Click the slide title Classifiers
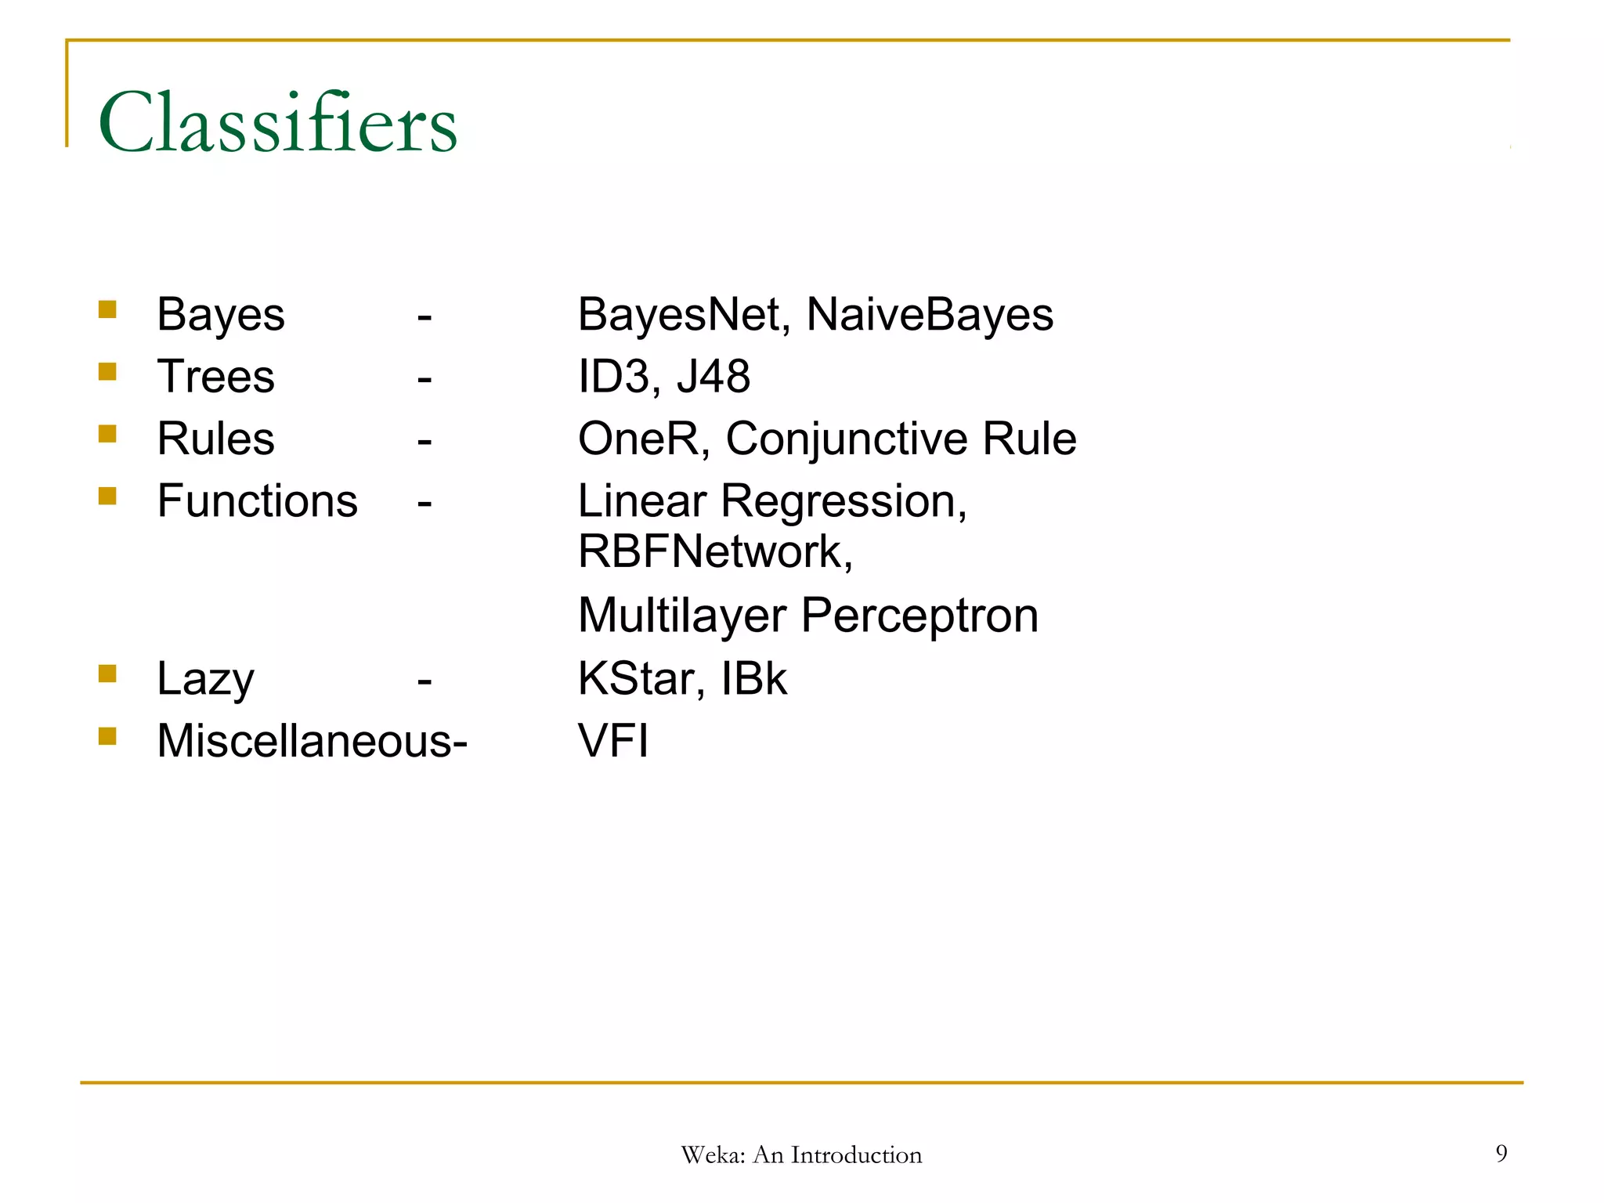click(277, 124)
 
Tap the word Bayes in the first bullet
click(220, 315)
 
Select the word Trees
click(215, 377)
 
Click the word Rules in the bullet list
click(215, 439)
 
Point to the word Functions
click(257, 501)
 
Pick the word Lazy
click(205, 679)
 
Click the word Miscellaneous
click(304, 741)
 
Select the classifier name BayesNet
click(679, 315)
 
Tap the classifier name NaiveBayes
click(929, 315)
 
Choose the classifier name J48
click(713, 377)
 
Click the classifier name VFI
click(613, 741)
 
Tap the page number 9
click(1501, 1153)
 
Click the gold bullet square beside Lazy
click(107, 674)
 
